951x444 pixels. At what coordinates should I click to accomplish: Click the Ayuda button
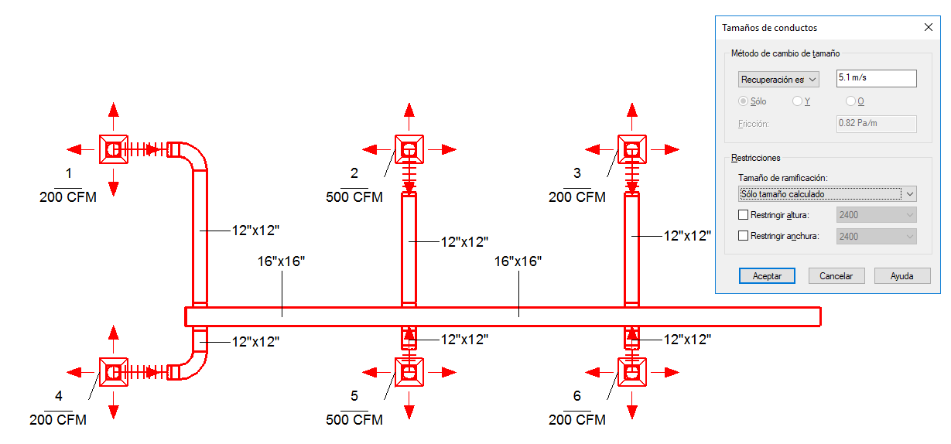(901, 276)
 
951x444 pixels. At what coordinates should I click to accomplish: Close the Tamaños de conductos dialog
(929, 27)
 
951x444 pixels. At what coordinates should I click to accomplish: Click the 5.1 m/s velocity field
(877, 78)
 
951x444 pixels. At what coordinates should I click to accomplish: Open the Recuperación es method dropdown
(778, 79)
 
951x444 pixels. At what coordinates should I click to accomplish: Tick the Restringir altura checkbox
(744, 215)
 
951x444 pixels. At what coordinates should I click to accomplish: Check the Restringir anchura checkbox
(744, 237)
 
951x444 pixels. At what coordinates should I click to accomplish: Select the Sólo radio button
(743, 101)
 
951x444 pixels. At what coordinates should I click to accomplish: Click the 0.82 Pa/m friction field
(877, 124)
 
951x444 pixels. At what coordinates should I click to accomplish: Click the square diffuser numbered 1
(114, 149)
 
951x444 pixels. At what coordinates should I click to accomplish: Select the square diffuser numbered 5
(409, 372)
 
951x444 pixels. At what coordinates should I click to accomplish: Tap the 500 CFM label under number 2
(354, 197)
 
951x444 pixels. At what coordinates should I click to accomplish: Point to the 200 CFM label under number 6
(577, 420)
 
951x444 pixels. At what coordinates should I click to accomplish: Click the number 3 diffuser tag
(577, 172)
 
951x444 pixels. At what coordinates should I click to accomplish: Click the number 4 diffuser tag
(58, 396)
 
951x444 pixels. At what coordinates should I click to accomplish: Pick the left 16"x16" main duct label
(282, 261)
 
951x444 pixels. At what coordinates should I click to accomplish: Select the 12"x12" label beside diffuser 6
(687, 339)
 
